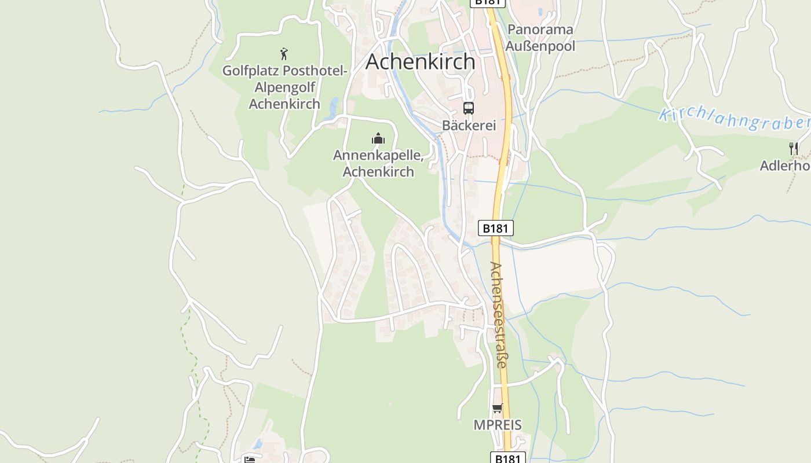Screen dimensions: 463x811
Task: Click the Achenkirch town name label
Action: pos(420,61)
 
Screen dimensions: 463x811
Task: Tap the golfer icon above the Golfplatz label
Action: pos(284,54)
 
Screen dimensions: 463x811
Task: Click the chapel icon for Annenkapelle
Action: pos(378,138)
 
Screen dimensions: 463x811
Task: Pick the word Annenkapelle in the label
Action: pos(378,155)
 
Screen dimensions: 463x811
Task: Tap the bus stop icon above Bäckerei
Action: pos(468,108)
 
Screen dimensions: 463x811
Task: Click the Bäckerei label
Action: pos(469,126)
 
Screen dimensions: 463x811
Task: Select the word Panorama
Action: pos(540,30)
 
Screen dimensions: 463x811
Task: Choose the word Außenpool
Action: pos(540,46)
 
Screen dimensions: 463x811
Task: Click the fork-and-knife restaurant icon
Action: pos(793,149)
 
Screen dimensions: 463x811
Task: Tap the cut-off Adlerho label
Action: pos(786,166)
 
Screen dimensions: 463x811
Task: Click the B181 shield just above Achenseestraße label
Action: pos(495,228)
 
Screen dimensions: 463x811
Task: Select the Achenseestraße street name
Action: pos(498,315)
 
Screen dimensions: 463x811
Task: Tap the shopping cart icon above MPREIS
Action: pos(497,409)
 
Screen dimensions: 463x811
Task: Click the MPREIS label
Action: pos(498,425)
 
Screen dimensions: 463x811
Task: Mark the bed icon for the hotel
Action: pos(250,460)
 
